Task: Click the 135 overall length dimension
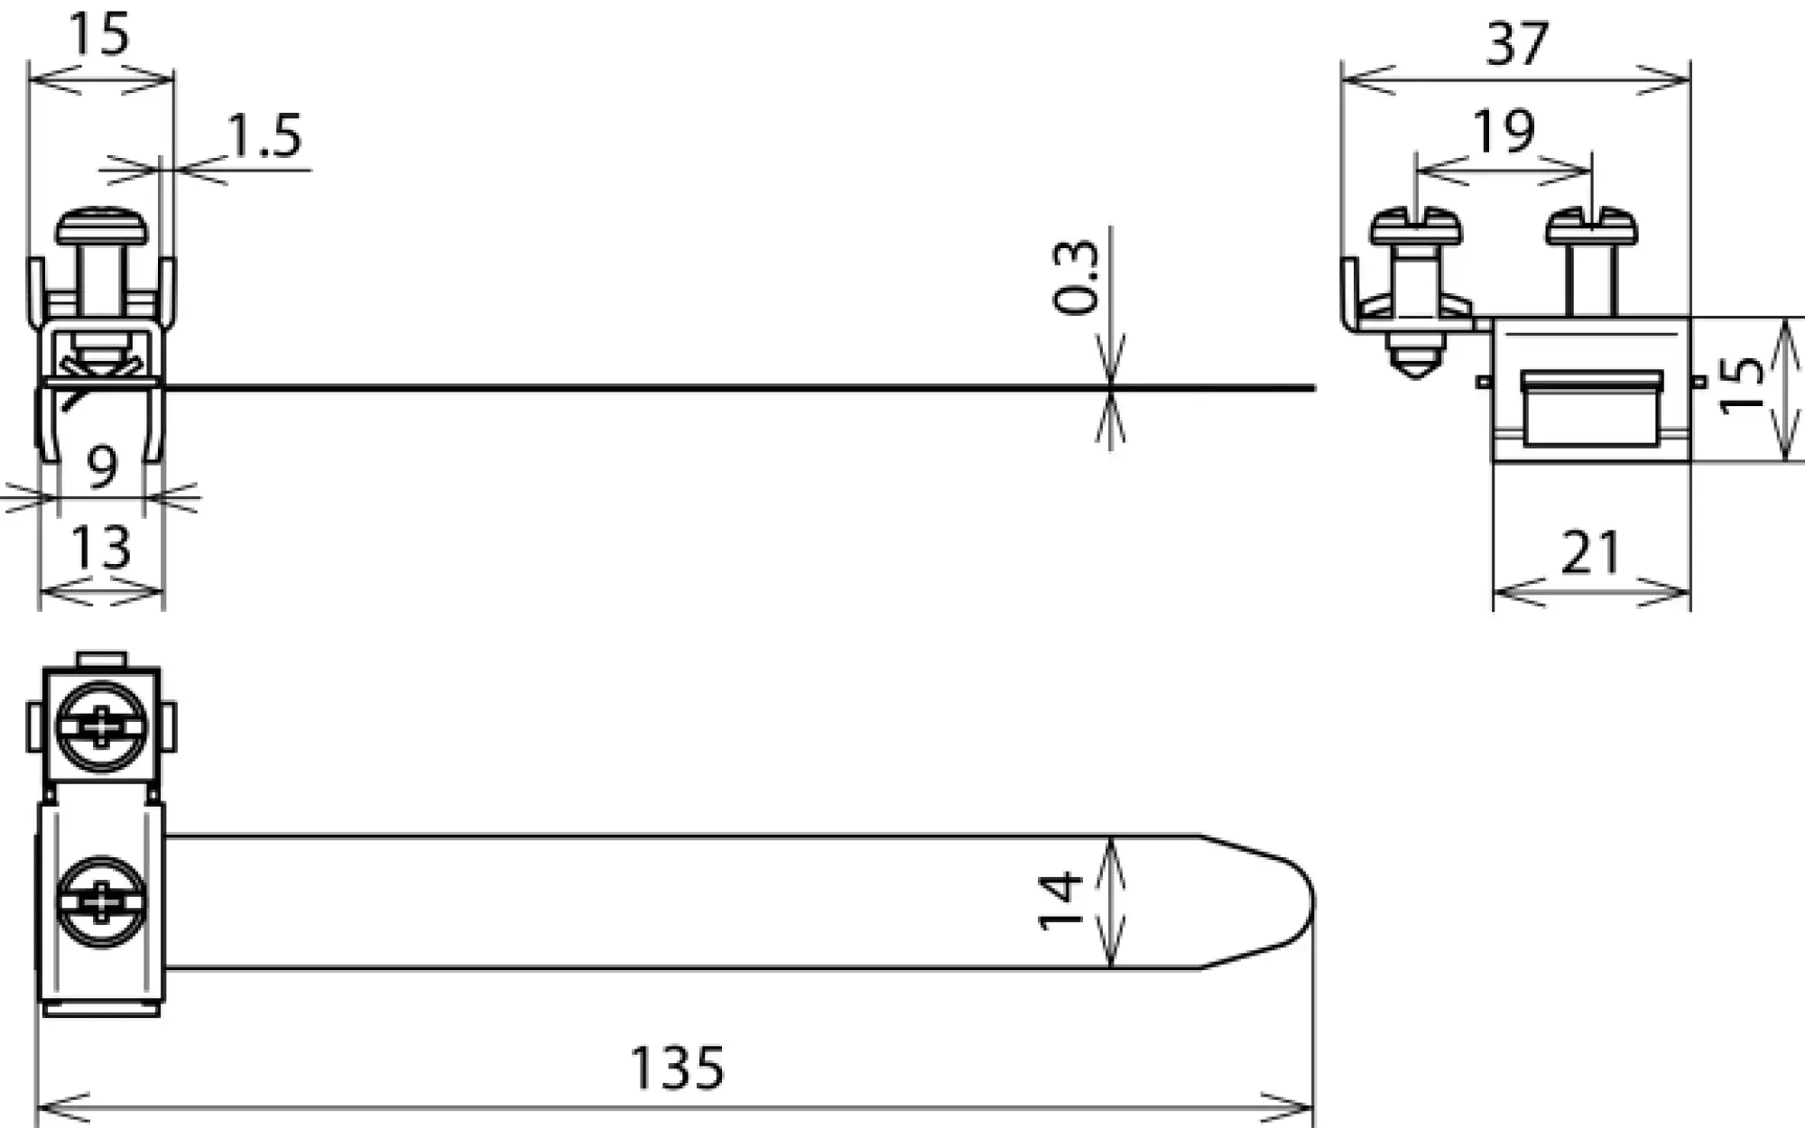(x=677, y=1068)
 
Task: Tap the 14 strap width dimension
(x=1061, y=901)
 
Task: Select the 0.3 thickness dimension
(x=1078, y=277)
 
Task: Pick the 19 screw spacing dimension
(x=1504, y=132)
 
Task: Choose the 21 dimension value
(x=1591, y=553)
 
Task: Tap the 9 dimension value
(x=102, y=467)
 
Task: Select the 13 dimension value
(x=100, y=547)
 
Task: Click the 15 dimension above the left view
(x=99, y=34)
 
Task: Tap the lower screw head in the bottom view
(x=101, y=903)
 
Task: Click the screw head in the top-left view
(x=101, y=227)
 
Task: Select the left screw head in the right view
(x=1415, y=228)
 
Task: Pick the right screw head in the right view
(x=1591, y=228)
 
